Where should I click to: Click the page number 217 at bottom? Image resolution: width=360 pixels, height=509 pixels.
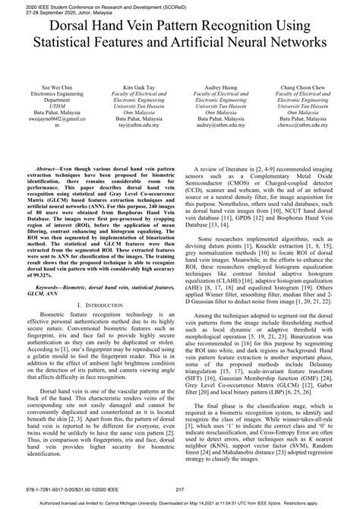click(x=180, y=489)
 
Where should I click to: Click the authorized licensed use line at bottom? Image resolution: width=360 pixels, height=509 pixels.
click(x=180, y=503)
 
